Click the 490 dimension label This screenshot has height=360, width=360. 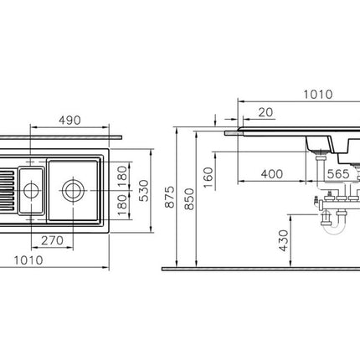[69, 121]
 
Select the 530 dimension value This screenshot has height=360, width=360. [144, 191]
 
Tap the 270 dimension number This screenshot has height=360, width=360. [53, 240]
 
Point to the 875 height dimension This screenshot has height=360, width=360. [170, 197]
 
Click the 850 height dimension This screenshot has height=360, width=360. [189, 199]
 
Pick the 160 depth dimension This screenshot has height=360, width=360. [208, 177]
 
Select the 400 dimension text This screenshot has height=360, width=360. [272, 174]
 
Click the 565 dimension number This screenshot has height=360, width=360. [338, 174]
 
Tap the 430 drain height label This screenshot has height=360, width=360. [283, 240]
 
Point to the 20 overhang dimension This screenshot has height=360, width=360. [265, 112]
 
